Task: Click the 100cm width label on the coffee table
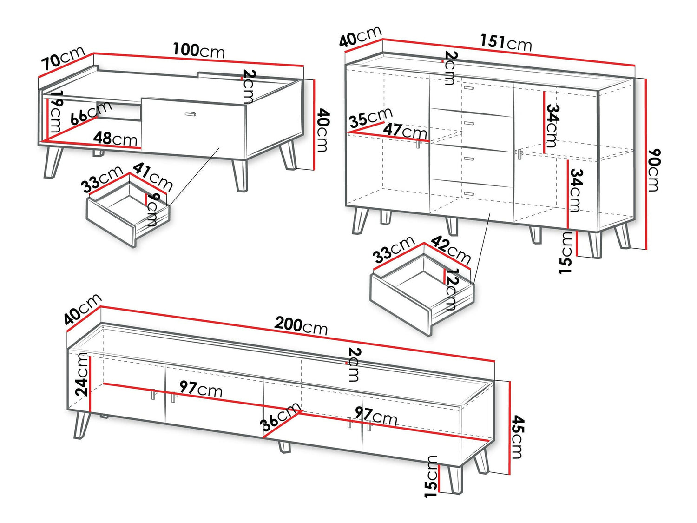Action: point(199,51)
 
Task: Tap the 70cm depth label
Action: point(64,59)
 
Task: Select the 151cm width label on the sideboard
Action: point(506,43)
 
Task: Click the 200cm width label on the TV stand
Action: point(301,326)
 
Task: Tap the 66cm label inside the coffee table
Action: point(91,113)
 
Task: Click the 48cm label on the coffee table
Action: point(115,139)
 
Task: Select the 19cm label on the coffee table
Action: point(55,112)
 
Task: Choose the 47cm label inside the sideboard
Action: point(405,131)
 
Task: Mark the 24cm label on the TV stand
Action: point(82,375)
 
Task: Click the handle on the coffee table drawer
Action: point(190,114)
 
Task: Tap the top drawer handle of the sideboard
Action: point(469,88)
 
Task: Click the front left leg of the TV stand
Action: point(81,425)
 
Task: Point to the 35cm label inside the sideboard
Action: point(371,118)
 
